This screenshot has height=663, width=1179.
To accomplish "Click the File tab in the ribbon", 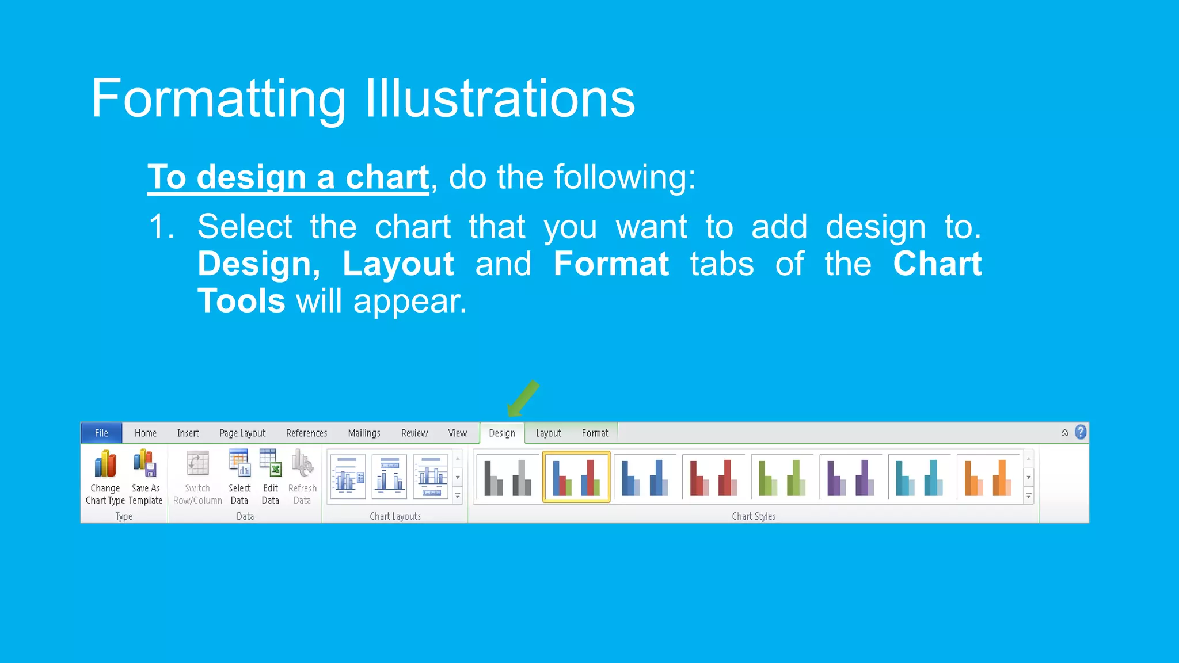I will pyautogui.click(x=101, y=433).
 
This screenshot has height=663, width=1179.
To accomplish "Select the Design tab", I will pyautogui.click(x=502, y=433).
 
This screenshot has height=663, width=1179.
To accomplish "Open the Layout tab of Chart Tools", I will pyautogui.click(x=548, y=433).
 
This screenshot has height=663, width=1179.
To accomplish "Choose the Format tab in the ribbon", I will pyautogui.click(x=595, y=433).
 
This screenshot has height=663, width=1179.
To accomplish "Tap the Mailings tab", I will pyautogui.click(x=364, y=433).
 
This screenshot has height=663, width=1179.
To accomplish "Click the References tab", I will pyautogui.click(x=306, y=433).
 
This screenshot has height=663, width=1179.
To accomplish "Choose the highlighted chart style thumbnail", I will pyautogui.click(x=576, y=477).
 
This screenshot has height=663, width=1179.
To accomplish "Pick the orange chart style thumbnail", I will pyautogui.click(x=988, y=477).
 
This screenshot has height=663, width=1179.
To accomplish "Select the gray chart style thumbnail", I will pyautogui.click(x=508, y=477).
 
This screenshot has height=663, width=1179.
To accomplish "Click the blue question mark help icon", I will pyautogui.click(x=1081, y=432).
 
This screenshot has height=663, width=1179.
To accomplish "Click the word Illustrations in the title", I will pyautogui.click(x=500, y=99).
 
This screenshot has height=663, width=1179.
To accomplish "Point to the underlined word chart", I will pyautogui.click(x=387, y=177).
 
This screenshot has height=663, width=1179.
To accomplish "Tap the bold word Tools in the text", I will pyautogui.click(x=241, y=301).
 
